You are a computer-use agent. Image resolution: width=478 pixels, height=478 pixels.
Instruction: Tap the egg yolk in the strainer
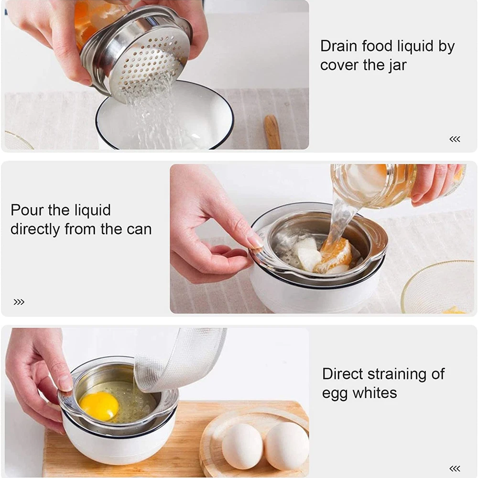pyautogui.click(x=99, y=406)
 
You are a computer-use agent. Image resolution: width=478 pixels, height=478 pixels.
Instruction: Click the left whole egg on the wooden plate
pyautogui.click(x=242, y=446)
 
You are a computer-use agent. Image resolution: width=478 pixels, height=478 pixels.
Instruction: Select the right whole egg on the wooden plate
pyautogui.click(x=286, y=445)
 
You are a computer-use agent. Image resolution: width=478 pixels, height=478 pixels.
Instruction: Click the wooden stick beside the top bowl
pyautogui.click(x=272, y=132)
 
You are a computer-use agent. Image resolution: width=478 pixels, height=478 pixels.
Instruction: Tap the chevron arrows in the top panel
pyautogui.click(x=455, y=139)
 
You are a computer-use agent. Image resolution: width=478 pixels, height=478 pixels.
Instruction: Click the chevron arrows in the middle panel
pyautogui.click(x=19, y=302)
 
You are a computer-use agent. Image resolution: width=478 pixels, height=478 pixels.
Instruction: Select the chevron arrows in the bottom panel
pyautogui.click(x=455, y=468)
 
